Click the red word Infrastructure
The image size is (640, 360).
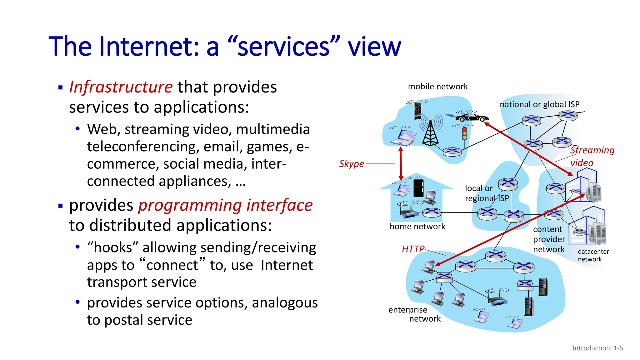[x=121, y=87]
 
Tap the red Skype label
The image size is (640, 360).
[x=352, y=164]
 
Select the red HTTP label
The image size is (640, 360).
[x=413, y=249]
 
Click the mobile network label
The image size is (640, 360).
[x=438, y=87]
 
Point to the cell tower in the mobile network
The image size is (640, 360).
[x=430, y=133]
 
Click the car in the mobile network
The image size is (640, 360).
[x=472, y=117]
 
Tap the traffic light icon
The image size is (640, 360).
[x=465, y=133]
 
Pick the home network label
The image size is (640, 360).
[x=417, y=227]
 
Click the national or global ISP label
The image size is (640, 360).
[x=539, y=104]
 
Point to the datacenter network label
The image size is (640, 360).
[x=593, y=255]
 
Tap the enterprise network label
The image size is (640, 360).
[x=414, y=314]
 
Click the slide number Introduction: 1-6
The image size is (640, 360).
[x=597, y=348]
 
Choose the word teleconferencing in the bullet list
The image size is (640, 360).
[x=143, y=147]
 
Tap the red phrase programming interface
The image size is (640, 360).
[x=225, y=206]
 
